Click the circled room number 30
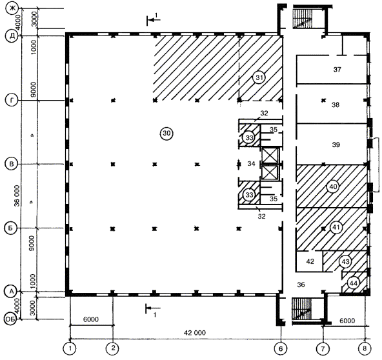pos(166,134)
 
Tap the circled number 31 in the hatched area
pos(259,77)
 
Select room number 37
pos(337,70)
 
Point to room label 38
pos(336,105)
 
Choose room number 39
pos(336,145)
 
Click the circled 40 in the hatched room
pos(333,187)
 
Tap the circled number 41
pos(336,228)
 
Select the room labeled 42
pos(310,261)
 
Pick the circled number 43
pos(345,262)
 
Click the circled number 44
pos(353,283)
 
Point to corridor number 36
pos(301,285)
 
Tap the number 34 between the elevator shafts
pos(251,164)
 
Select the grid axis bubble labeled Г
pos(12,101)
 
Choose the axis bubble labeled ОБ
pos(10,319)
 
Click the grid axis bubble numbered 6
pos(281,349)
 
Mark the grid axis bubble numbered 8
pos(365,349)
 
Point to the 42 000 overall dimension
pos(195,333)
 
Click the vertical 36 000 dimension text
pos(17,195)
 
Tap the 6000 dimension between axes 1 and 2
pos(91,319)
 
